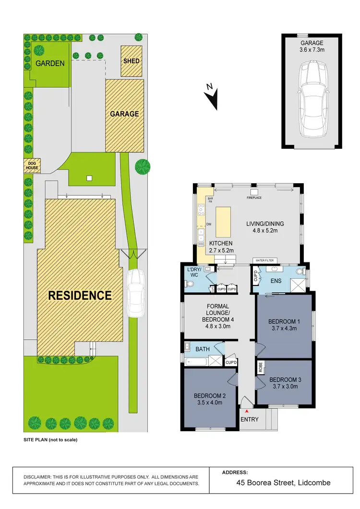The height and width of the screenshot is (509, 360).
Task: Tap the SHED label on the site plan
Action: coord(132,61)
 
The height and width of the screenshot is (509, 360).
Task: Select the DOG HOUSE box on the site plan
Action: coord(33,166)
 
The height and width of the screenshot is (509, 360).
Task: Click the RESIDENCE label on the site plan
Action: coord(80,296)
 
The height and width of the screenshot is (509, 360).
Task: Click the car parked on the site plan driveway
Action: coord(136,293)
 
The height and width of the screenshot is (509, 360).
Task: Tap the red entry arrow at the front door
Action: coord(247,411)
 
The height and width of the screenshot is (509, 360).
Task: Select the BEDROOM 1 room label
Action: coord(284,321)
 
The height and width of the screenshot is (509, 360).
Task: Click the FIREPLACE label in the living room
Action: coord(254,198)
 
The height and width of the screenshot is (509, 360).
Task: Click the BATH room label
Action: coord(202,349)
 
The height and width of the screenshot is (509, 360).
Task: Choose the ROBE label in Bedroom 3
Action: coord(260,367)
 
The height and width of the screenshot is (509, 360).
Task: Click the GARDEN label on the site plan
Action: coord(50,63)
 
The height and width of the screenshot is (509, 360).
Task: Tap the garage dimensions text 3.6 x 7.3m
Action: coord(312,49)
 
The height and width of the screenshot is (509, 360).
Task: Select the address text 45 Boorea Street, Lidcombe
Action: coord(283,483)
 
